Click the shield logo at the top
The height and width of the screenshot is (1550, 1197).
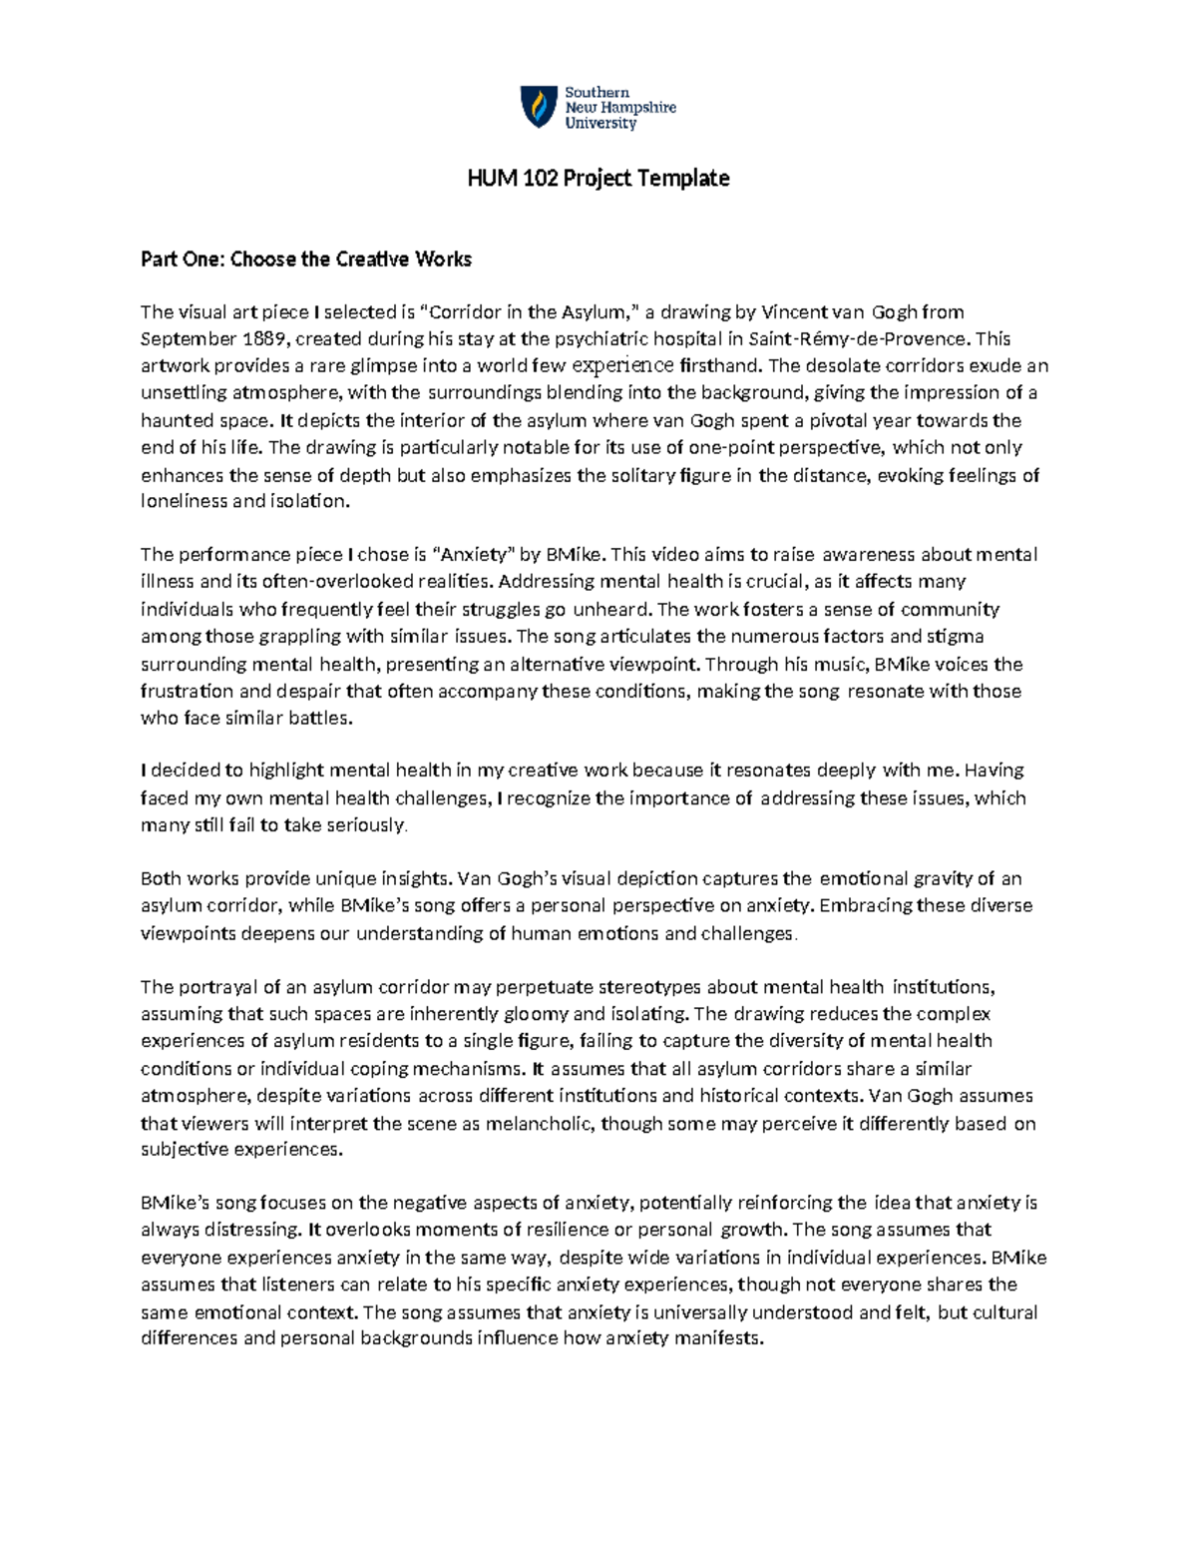tap(539, 107)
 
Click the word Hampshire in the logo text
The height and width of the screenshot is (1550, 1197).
tap(638, 108)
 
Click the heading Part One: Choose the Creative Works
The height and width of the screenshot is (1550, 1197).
tap(305, 259)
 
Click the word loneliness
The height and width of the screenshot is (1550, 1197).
tap(184, 501)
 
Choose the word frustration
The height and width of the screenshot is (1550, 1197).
tap(186, 691)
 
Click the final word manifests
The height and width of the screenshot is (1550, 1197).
tap(719, 1338)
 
